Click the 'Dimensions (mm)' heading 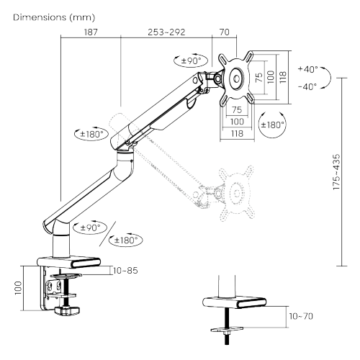54,17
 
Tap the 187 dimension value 91,32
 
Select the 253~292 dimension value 166,32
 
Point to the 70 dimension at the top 225,32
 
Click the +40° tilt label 308,69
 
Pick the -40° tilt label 307,86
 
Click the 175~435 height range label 337,172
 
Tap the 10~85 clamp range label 125,271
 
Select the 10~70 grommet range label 301,316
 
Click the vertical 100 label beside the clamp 18,288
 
